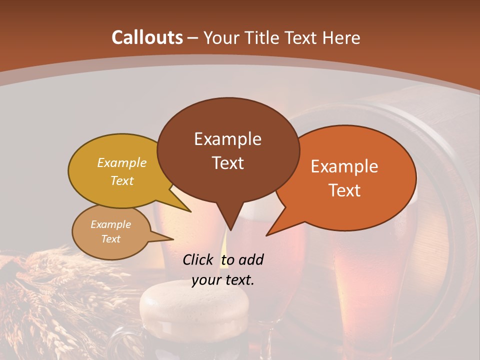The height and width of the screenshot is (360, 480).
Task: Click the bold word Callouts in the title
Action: click(x=147, y=37)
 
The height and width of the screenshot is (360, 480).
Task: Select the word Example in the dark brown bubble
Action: click(x=227, y=139)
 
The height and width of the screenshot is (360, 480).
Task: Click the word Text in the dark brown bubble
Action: click(x=227, y=163)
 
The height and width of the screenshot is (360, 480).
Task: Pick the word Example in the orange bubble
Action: click(x=344, y=166)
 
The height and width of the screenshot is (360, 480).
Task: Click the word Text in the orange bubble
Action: click(x=344, y=190)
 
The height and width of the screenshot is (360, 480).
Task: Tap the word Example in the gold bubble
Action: click(x=122, y=162)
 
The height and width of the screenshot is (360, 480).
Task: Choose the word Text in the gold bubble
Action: click(x=122, y=180)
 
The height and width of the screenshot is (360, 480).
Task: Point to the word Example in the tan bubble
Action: click(x=111, y=224)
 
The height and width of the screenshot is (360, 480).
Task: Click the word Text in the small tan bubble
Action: click(x=111, y=239)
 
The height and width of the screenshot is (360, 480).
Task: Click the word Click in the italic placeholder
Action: click(x=199, y=259)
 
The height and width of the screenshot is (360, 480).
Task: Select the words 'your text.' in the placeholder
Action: click(x=223, y=280)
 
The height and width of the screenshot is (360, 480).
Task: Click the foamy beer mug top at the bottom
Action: click(x=192, y=305)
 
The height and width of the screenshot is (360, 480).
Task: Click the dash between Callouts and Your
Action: click(x=193, y=38)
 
